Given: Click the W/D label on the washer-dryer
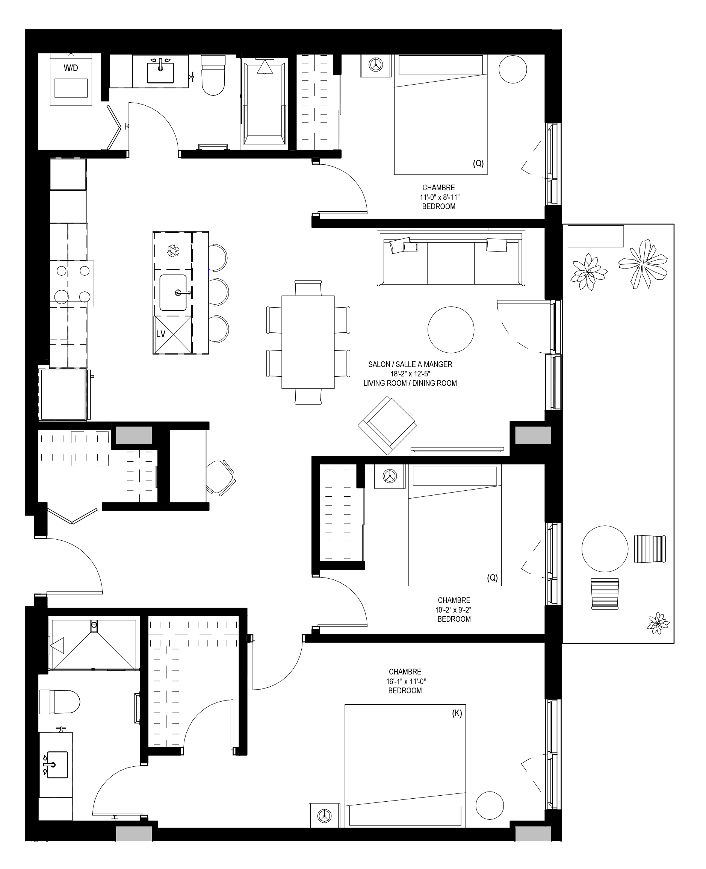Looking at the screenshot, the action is [x=71, y=68].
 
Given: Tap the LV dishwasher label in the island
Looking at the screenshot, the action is [x=161, y=334].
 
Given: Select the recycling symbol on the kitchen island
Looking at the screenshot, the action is [x=173, y=250].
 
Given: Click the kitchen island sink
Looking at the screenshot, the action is [x=173, y=293].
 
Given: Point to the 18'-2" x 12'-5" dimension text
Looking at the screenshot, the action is [x=410, y=374].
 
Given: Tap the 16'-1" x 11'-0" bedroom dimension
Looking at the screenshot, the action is [x=405, y=681].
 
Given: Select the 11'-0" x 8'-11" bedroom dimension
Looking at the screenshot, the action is [x=439, y=197].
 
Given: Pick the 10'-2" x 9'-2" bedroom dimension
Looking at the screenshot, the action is [x=454, y=610].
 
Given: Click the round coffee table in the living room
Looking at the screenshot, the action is [x=451, y=330].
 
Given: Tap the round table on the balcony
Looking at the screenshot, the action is [x=605, y=549].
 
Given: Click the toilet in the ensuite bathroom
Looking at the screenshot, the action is [x=59, y=702].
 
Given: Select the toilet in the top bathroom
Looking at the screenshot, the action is [x=213, y=75].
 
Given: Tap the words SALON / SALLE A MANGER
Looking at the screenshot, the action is [x=410, y=364].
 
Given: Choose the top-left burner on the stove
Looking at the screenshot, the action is [x=61, y=271].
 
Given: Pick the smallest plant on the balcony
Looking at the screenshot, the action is [x=658, y=623].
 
